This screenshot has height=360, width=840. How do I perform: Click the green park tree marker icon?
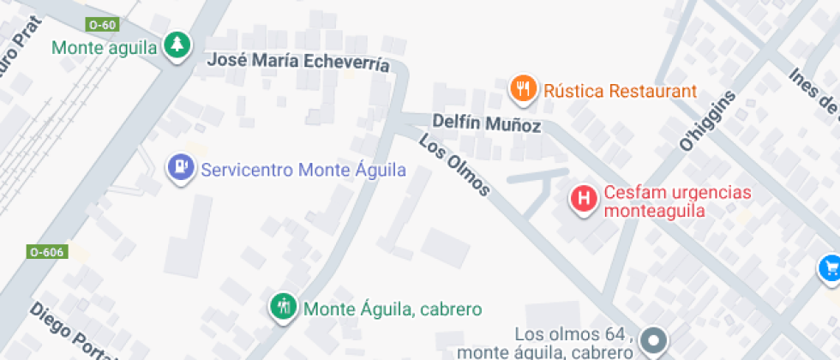(177, 45)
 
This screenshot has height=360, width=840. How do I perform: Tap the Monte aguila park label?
(105, 47)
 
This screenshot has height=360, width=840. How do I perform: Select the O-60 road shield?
(102, 24)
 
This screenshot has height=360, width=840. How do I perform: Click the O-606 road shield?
(46, 252)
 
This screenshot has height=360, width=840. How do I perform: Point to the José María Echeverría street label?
(299, 63)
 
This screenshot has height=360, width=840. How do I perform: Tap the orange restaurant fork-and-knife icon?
(523, 88)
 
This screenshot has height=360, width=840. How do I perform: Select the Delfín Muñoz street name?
(487, 123)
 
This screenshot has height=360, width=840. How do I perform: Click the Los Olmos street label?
(455, 164)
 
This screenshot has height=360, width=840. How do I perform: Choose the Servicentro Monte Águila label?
(303, 170)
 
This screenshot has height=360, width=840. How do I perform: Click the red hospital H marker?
(585, 200)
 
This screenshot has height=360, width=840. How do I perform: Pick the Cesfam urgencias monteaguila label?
(677, 201)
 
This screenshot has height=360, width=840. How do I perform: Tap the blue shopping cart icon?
(829, 268)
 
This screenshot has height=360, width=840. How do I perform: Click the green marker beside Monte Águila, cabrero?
(283, 306)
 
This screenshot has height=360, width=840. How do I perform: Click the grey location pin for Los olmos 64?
(655, 341)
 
